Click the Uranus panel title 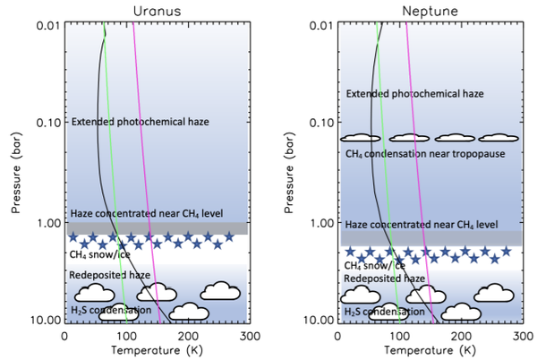[x=157, y=11]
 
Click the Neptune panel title [x=430, y=11]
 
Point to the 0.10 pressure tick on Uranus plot [x=48, y=123]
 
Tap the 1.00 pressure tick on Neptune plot [x=322, y=223]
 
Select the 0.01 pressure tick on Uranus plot [x=48, y=25]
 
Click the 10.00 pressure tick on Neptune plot [x=320, y=320]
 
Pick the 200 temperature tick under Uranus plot [x=188, y=337]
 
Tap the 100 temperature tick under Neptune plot [x=399, y=337]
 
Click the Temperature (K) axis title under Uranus [x=158, y=350]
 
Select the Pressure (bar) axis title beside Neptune [x=289, y=173]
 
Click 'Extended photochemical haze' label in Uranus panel [x=141, y=122]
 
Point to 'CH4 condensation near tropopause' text [x=425, y=154]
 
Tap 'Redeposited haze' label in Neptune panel [x=384, y=279]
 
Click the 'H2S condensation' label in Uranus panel [x=111, y=311]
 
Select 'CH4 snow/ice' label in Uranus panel [x=99, y=254]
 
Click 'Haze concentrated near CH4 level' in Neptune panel [x=422, y=225]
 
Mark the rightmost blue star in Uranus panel [x=229, y=236]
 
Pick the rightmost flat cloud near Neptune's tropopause [x=499, y=138]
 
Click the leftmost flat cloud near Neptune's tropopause [x=361, y=138]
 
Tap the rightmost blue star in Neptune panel [x=506, y=252]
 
